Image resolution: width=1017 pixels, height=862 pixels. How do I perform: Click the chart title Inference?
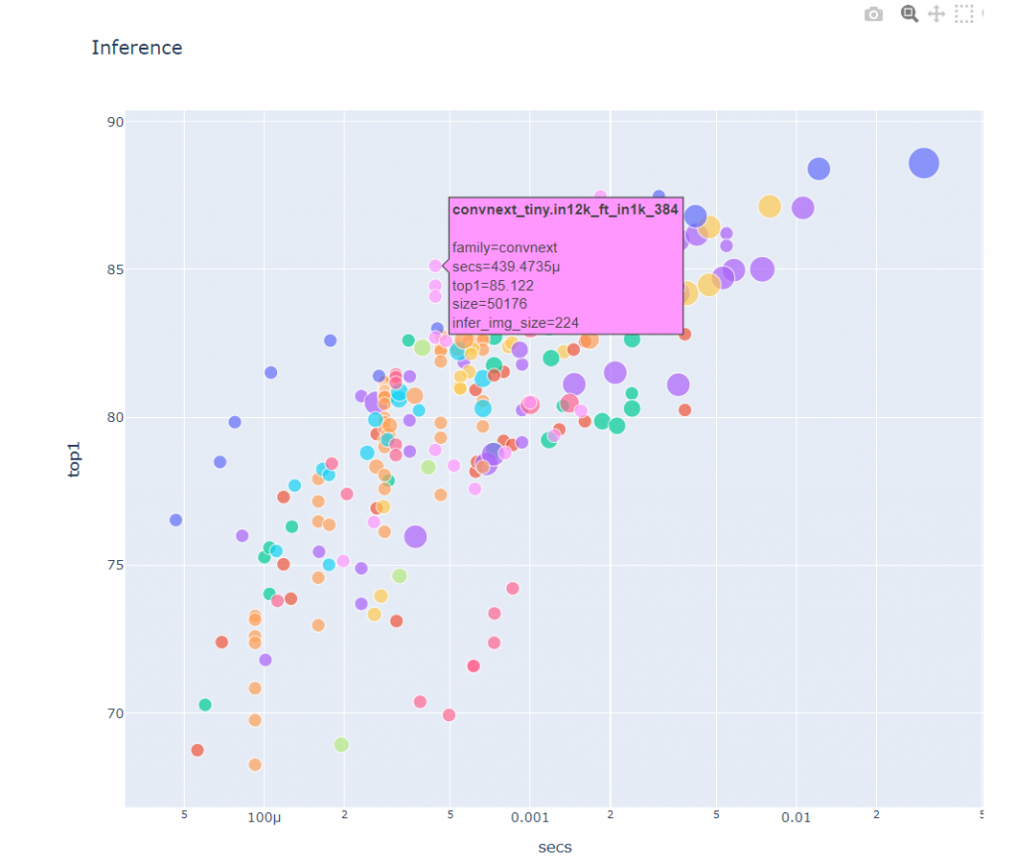(137, 48)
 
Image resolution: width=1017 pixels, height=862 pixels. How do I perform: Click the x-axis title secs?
(554, 847)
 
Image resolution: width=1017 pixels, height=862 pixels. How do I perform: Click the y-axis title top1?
(74, 462)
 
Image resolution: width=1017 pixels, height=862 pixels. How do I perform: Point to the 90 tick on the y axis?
(114, 122)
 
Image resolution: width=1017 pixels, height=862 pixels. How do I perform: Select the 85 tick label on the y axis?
(114, 270)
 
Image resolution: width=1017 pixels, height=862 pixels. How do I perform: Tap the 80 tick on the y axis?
(114, 417)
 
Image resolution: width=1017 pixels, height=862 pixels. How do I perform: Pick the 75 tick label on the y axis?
(114, 565)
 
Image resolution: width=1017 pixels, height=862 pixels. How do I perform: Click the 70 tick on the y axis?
(114, 713)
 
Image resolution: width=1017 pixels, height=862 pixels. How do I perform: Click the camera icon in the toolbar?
(873, 14)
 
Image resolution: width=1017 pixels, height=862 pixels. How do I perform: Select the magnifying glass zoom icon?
(908, 14)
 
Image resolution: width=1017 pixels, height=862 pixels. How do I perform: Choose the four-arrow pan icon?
(936, 14)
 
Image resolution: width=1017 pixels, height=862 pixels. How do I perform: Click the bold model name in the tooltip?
(565, 211)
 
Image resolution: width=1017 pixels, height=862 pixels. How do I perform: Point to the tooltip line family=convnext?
(505, 247)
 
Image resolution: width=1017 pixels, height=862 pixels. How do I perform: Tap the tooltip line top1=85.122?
(493, 285)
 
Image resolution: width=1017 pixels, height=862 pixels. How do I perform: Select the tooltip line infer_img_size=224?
(515, 323)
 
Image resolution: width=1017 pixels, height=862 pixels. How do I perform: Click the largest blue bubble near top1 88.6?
(924, 163)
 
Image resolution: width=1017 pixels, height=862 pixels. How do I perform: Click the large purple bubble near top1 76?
(415, 536)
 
